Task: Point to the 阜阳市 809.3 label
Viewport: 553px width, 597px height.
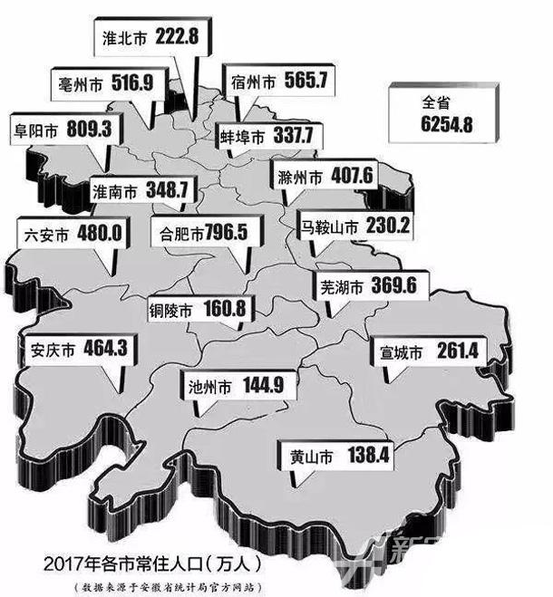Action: pos(61,130)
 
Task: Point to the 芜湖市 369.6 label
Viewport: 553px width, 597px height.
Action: pos(369,286)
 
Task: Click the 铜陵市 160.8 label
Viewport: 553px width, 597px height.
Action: pos(197,309)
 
